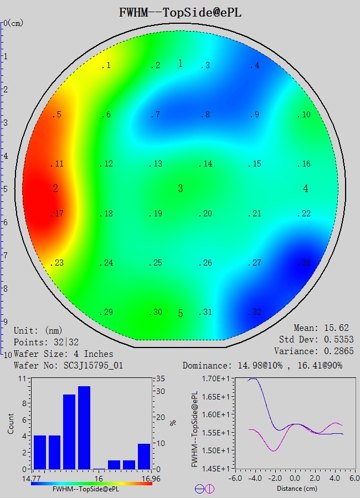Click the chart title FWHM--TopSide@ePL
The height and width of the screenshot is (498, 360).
tap(180, 12)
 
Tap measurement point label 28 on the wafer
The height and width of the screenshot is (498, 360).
tap(305, 263)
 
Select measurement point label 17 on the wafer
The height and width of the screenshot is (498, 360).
tap(59, 214)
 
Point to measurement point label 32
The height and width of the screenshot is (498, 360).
tap(255, 312)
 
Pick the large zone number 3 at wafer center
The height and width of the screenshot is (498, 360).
tap(181, 189)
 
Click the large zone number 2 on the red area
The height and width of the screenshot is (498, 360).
tap(55, 189)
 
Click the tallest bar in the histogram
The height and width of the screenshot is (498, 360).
tap(84, 427)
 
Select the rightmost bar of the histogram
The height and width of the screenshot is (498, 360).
tap(144, 456)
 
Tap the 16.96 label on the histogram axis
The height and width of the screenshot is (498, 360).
tap(143, 479)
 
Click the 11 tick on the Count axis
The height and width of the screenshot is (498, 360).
tap(23, 379)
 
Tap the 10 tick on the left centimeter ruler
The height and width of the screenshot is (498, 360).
tap(7, 354)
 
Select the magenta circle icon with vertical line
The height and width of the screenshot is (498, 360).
tap(209, 489)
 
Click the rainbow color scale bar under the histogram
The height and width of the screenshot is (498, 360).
tap(92, 483)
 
